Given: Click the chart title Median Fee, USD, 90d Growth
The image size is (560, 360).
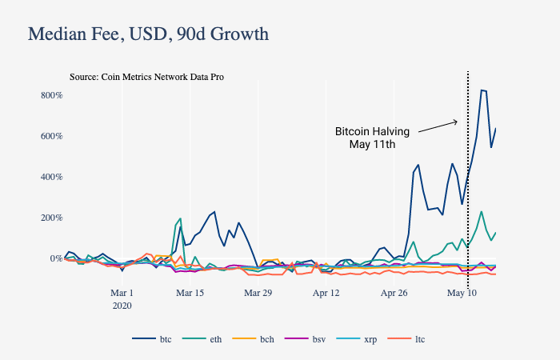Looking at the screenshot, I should [x=148, y=34].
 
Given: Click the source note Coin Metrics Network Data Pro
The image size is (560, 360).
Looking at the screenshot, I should [x=146, y=78].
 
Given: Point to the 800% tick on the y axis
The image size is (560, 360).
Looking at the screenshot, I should [x=51, y=95].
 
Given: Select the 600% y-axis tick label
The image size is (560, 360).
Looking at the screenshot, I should [x=51, y=136].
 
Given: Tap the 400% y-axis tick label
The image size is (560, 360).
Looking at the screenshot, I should [x=51, y=177].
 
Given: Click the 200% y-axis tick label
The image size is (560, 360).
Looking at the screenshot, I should [x=51, y=218].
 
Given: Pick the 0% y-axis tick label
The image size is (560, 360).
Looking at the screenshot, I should [x=54, y=258].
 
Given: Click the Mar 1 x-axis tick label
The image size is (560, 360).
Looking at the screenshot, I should [x=122, y=293].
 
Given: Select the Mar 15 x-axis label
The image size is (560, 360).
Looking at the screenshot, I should [x=190, y=293].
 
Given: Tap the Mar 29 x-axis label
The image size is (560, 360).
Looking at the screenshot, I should [x=258, y=293].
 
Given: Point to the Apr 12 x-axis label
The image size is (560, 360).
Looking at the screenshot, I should [x=326, y=293].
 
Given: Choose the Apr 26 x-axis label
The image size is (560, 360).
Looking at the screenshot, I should [x=394, y=293].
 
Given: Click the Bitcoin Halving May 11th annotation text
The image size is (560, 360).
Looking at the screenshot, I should [x=372, y=138].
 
